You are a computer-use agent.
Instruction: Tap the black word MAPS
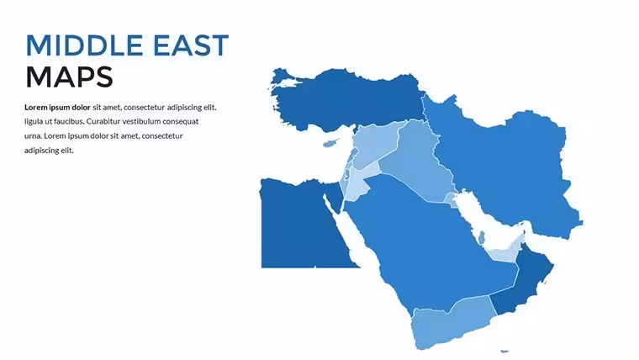click(69, 77)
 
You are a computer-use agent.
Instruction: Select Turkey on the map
click(346, 100)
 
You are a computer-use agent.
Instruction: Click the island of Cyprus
click(331, 143)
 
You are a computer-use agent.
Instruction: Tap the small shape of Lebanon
click(353, 155)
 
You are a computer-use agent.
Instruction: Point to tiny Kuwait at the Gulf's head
click(452, 200)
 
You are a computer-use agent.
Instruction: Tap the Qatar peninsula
click(482, 238)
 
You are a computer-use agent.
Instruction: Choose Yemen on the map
click(452, 322)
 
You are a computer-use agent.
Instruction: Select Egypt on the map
click(302, 225)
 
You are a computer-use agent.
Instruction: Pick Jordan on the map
click(360, 182)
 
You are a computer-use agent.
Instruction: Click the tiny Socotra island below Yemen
click(504, 351)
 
